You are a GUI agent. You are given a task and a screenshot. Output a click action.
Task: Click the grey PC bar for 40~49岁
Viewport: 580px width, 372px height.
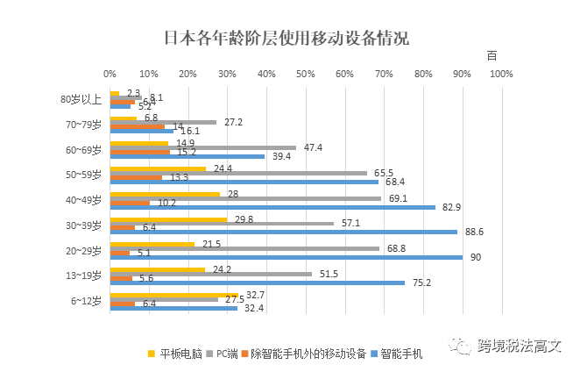[245, 199]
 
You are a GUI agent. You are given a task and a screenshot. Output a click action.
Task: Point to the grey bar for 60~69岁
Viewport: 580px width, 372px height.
[202, 148]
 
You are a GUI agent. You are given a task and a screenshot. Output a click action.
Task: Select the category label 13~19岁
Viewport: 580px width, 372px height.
[84, 275]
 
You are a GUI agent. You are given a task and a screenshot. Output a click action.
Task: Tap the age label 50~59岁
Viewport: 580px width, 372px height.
[84, 175]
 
